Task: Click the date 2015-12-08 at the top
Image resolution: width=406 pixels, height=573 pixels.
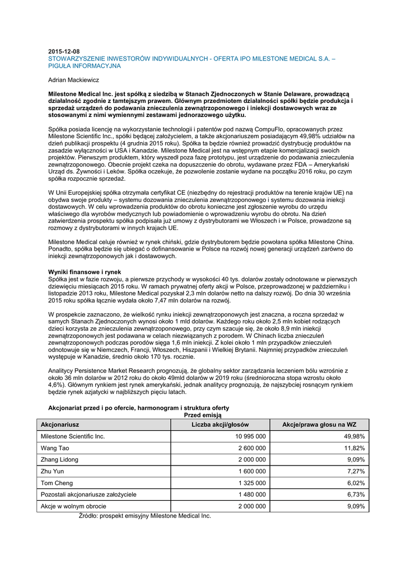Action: pyautogui.click(x=64, y=51)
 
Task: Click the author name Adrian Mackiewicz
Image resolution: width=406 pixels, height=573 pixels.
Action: pyautogui.click(x=74, y=80)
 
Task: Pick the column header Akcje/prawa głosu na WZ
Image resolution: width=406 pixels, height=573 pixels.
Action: pyautogui.click(x=319, y=424)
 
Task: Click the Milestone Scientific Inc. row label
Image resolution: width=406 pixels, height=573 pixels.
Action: pyautogui.click(x=73, y=436)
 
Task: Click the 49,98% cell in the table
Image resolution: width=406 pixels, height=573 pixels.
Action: pyautogui.click(x=354, y=436)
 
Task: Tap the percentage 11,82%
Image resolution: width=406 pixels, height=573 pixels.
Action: pyautogui.click(x=354, y=448)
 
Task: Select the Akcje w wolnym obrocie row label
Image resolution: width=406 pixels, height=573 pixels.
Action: pyautogui.click(x=74, y=506)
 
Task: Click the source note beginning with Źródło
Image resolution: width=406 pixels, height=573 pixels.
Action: pyautogui.click(x=144, y=515)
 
